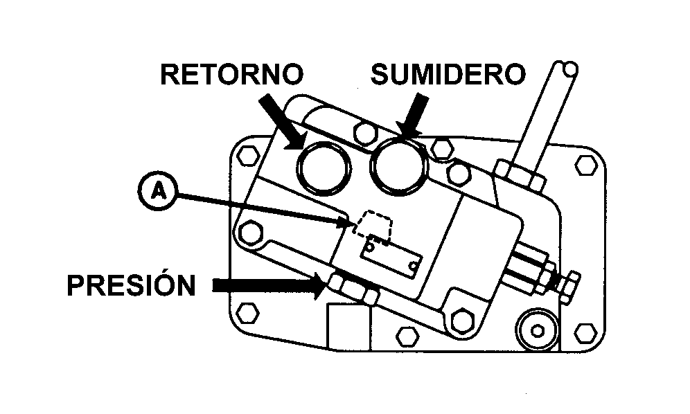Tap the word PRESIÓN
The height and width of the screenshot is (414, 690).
(131, 285)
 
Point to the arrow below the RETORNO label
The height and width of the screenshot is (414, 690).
(284, 120)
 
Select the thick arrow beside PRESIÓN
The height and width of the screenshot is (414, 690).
(267, 285)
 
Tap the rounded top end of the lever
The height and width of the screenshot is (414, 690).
(568, 69)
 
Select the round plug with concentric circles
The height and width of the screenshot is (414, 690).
(538, 328)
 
